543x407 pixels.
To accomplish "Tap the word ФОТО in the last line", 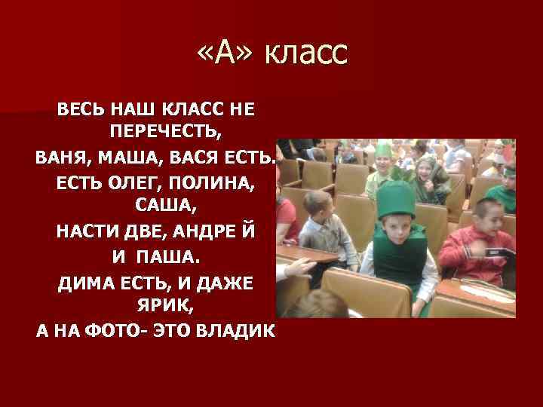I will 115,332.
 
